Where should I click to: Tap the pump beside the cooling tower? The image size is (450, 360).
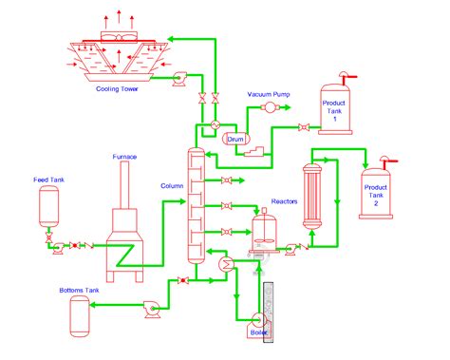pos(177,82)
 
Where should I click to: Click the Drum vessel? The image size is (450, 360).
pos(235,140)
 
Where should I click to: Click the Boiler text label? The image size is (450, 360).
pos(258,332)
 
